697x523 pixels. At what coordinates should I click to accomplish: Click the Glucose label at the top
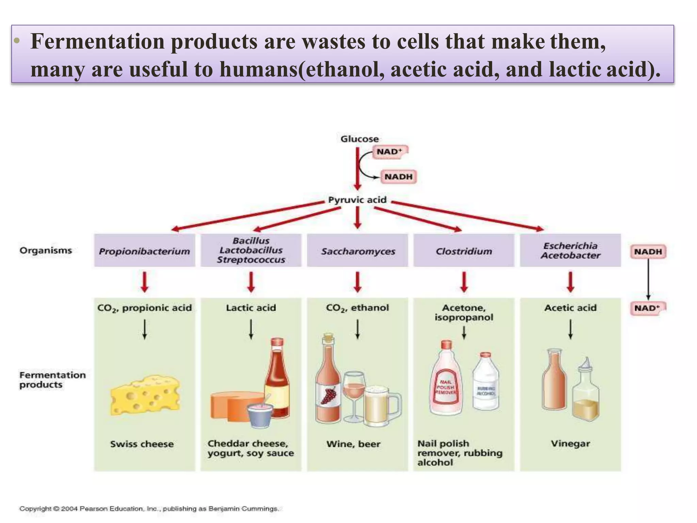359,139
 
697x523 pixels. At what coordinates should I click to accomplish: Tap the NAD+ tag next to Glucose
390,152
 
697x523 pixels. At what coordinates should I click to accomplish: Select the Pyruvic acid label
357,200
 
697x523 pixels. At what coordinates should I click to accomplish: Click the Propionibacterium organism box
145,251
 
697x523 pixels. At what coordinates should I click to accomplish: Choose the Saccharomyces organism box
358,251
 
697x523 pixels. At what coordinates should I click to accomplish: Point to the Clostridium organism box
464,251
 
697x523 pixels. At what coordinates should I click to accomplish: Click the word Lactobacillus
251,250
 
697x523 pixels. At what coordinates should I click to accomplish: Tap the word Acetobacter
570,255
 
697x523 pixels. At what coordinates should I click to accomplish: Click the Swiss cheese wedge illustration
145,395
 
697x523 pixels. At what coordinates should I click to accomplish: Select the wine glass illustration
354,395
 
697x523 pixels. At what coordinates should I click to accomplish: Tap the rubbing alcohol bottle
486,383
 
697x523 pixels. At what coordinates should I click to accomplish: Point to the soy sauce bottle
277,378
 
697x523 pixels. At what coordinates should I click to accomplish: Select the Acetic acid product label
570,308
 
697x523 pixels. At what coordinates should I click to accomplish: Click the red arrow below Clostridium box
464,282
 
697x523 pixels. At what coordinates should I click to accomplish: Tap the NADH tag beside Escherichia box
648,252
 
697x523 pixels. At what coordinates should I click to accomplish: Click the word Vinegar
570,444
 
